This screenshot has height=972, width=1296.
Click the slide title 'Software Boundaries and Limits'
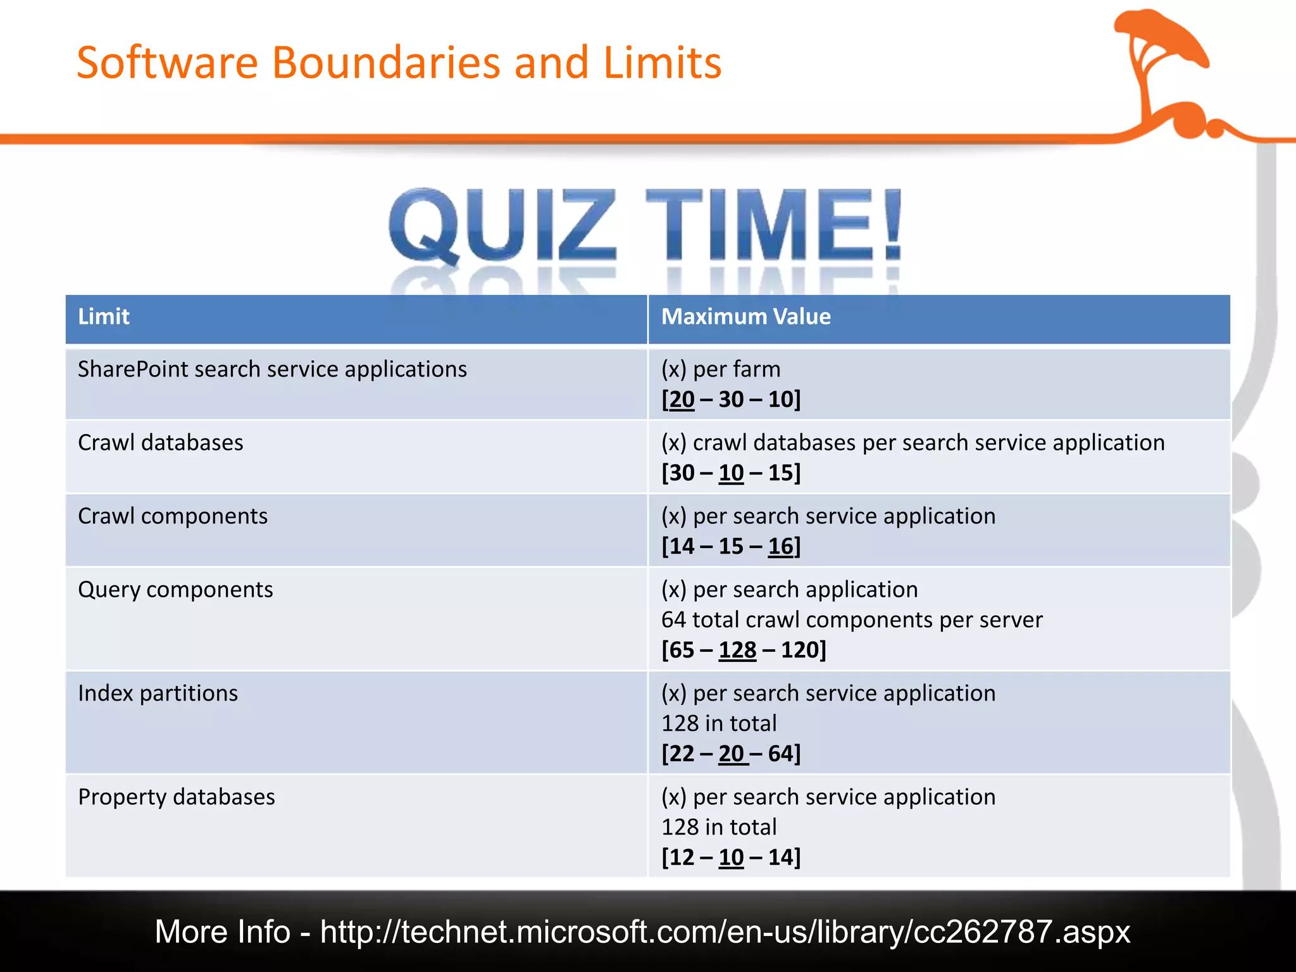pos(399,63)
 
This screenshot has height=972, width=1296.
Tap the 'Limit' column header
pos(103,316)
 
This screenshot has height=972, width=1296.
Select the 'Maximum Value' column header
pos(745,316)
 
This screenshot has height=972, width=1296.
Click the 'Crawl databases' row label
pos(160,442)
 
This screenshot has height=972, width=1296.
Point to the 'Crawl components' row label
pos(173,516)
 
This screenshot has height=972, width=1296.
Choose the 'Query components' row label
pos(175,589)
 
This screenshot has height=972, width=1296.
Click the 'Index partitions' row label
pos(158,693)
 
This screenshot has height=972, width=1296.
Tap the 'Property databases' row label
pos(176,797)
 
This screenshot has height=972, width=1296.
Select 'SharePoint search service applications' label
pos(272,369)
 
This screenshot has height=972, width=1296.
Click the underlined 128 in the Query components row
pos(737,650)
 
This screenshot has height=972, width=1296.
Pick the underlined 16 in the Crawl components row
pos(781,546)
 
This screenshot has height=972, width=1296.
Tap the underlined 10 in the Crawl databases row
pos(731,473)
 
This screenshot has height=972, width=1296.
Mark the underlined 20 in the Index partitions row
pos(732,754)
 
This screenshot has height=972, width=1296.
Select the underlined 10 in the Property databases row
pos(731,857)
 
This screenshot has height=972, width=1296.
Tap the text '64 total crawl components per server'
pos(851,620)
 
